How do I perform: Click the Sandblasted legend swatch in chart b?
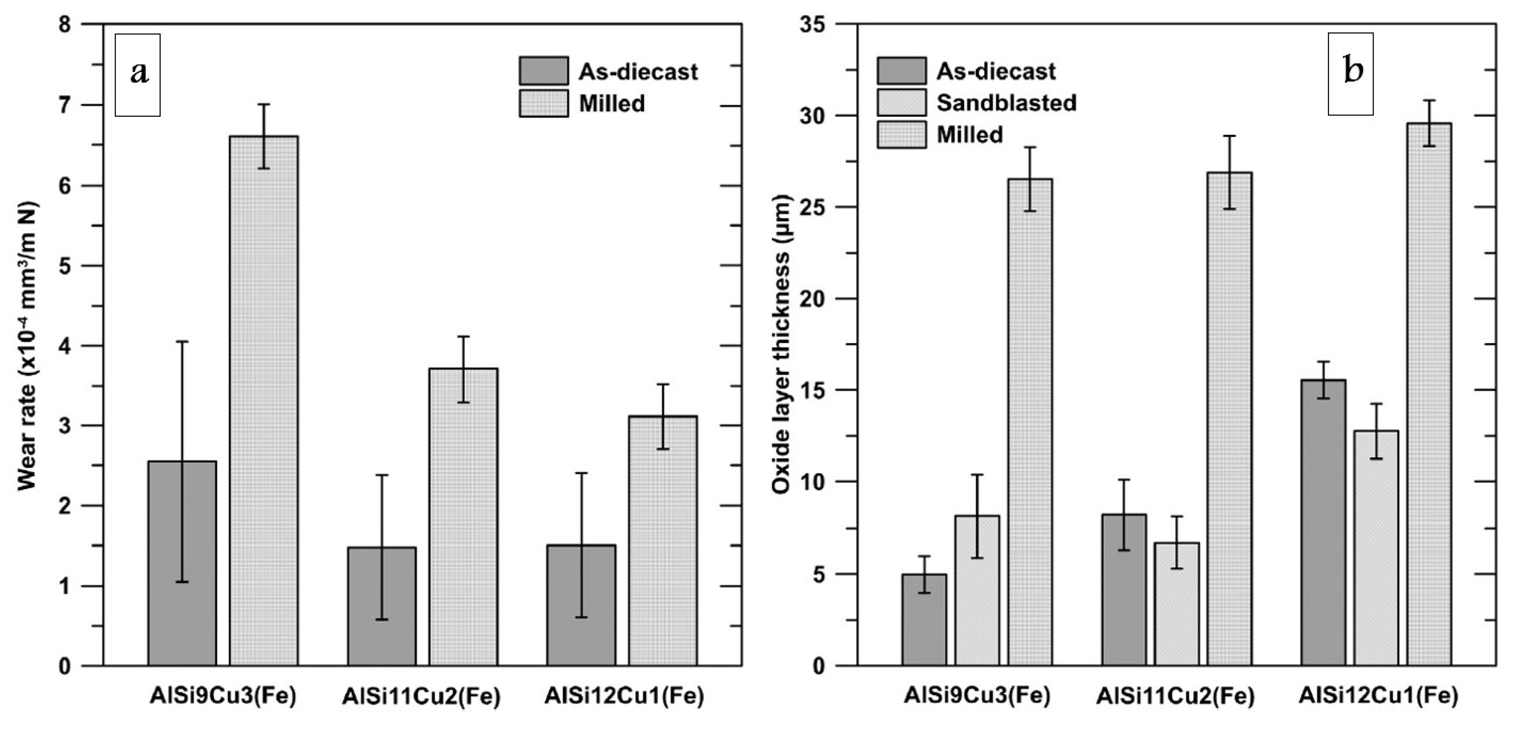coord(902,103)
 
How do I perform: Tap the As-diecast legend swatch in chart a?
coord(543,71)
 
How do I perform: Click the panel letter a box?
coord(138,75)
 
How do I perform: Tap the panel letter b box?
coord(1351,73)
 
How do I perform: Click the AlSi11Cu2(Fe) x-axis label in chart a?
coord(421,697)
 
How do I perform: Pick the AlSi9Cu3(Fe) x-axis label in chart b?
coord(977,696)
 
